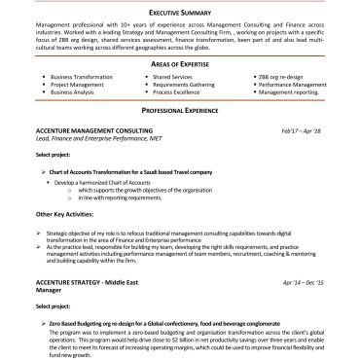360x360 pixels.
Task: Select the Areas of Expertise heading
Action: pos(180,62)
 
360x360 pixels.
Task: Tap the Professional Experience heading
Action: pos(180,112)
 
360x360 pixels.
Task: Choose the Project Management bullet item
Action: pos(76,84)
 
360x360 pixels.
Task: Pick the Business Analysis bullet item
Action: pos(73,92)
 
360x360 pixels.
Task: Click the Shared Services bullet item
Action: pos(176,75)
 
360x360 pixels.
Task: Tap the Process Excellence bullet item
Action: pos(179,92)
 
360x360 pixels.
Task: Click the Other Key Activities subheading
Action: pos(66,213)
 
